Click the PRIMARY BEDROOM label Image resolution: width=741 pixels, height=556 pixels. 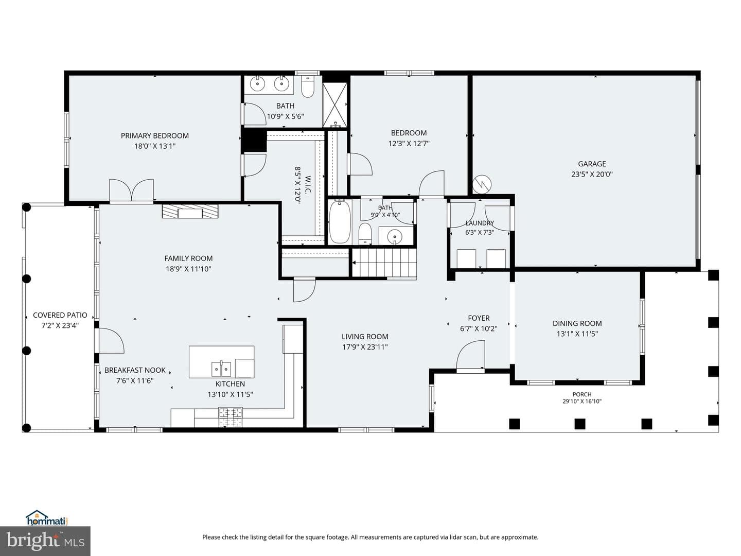[154, 136]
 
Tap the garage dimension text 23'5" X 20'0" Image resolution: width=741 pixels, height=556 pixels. [592, 174]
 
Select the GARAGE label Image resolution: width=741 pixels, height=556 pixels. [592, 164]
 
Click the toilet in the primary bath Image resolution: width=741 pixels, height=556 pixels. [308, 86]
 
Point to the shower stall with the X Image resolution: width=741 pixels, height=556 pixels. [334, 105]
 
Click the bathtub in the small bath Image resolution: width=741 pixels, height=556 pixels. [340, 221]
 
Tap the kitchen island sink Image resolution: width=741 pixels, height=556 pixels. [221, 369]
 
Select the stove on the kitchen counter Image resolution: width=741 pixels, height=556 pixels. [231, 416]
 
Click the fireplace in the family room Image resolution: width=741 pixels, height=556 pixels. [190, 211]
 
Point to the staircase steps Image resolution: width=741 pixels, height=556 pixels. [384, 263]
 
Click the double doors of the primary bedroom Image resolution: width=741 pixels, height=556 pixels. [131, 190]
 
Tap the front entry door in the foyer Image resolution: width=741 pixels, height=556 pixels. [471, 356]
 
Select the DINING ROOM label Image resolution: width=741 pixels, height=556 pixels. [577, 323]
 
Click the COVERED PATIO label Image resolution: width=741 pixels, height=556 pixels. [60, 315]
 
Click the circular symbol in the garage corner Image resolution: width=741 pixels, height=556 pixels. [482, 184]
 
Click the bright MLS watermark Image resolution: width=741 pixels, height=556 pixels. [45, 541]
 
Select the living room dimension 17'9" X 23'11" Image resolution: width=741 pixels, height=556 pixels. [365, 347]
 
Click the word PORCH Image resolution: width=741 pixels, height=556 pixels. [582, 394]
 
